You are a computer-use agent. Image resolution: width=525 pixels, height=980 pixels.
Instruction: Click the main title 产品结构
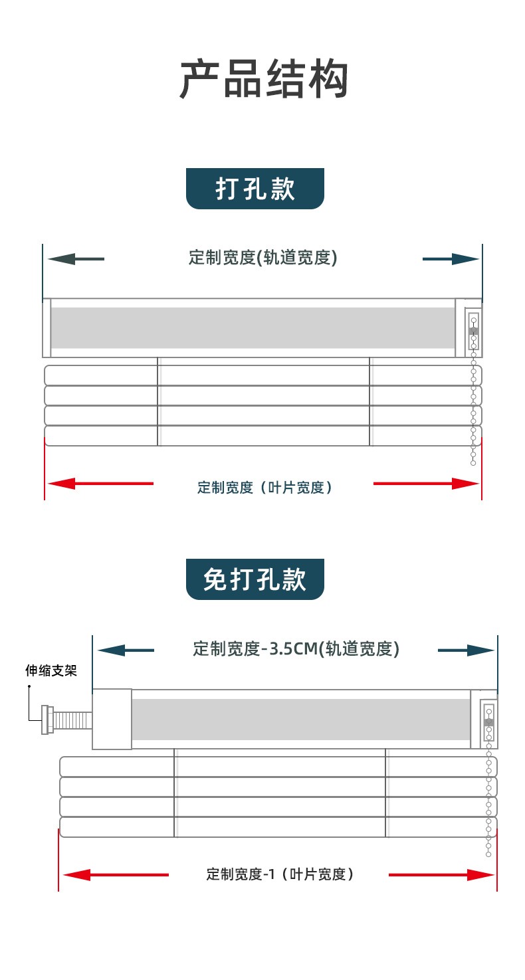coord(264,79)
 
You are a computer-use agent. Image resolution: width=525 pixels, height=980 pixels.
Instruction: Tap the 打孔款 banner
coord(255,189)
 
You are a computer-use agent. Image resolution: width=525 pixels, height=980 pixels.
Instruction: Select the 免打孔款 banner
coord(255,579)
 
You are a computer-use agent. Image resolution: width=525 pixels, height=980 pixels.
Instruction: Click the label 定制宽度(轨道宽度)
coord(263,257)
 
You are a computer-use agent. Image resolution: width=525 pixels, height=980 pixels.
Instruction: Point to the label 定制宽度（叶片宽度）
coord(264,488)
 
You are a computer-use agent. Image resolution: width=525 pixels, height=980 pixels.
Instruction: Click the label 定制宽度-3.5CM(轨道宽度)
coord(296,649)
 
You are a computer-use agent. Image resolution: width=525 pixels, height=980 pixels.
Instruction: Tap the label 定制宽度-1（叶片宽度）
coord(280,874)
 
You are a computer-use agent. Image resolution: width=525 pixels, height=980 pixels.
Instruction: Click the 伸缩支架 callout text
coord(51,670)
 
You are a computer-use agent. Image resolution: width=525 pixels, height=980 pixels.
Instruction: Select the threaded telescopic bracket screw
coord(67,720)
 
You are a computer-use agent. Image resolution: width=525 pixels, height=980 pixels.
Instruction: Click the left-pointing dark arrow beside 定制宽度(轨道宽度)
coord(76,259)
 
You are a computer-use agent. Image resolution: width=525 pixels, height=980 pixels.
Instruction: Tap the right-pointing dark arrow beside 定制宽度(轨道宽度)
coord(451,259)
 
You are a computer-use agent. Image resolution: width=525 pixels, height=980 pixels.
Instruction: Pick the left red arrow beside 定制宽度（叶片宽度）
coord(101,484)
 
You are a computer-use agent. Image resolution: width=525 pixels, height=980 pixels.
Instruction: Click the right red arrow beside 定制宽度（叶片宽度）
coord(426,484)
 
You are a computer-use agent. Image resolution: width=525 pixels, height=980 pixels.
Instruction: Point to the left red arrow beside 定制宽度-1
coord(116,875)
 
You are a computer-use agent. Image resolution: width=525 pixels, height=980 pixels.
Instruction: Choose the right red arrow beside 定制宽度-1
coord(441,875)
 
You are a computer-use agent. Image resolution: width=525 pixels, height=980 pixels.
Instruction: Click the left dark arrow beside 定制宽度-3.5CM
coord(126,650)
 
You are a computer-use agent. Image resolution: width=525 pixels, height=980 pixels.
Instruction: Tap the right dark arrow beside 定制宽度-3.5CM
coord(466,650)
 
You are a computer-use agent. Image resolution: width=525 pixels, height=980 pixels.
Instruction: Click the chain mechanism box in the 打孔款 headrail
coord(473,330)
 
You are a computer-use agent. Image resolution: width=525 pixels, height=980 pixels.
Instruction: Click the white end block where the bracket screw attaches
coord(112,720)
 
